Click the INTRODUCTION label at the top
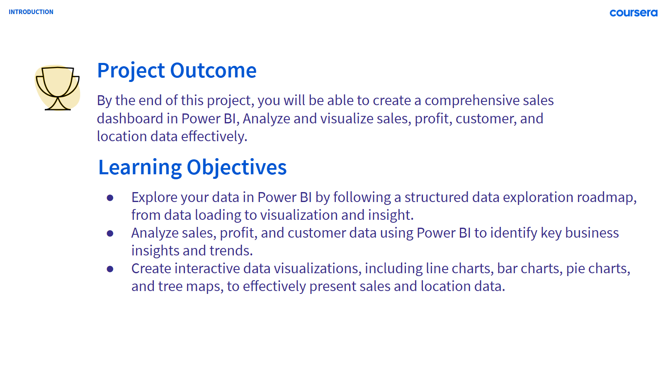pyautogui.click(x=31, y=12)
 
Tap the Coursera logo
pyautogui.click(x=634, y=13)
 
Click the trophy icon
pyautogui.click(x=58, y=88)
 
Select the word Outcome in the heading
pyautogui.click(x=213, y=70)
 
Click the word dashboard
pyautogui.click(x=130, y=118)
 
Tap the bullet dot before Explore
pyautogui.click(x=110, y=197)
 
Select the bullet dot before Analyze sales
pyautogui.click(x=110, y=233)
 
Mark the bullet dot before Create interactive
pyautogui.click(x=110, y=269)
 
